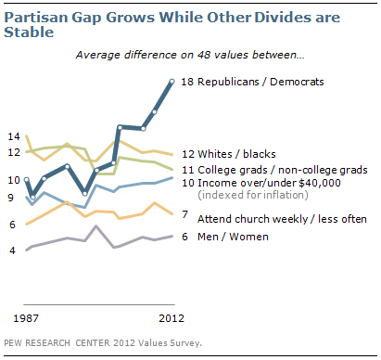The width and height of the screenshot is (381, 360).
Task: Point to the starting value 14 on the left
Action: (14, 136)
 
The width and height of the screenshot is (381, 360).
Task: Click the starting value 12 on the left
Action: (14, 151)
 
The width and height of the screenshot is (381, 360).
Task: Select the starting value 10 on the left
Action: (14, 179)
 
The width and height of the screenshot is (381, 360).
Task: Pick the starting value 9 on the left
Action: (10, 198)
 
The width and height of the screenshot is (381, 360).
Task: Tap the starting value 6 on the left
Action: (12, 225)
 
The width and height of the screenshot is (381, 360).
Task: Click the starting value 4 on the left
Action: (12, 251)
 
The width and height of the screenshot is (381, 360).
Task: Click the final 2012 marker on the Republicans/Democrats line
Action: (172, 82)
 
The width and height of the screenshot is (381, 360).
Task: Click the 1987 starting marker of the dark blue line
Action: (28, 179)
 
